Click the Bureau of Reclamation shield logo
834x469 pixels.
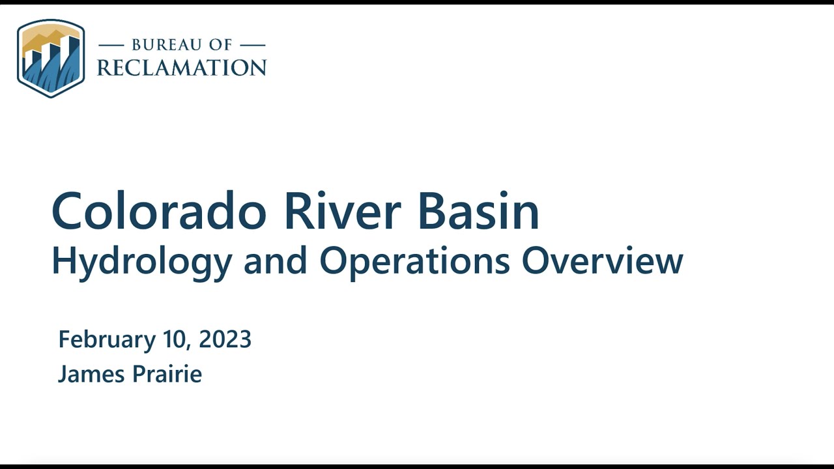(51, 59)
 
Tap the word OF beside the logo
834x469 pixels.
(218, 45)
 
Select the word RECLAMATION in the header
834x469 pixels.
(182, 67)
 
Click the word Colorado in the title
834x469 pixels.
(159, 211)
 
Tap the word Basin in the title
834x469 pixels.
(478, 211)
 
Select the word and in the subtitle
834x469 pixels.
(276, 261)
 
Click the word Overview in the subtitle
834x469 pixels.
(602, 261)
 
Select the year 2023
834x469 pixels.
(225, 339)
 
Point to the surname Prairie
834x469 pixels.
(166, 374)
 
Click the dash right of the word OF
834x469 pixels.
(252, 45)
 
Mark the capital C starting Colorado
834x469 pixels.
(69, 211)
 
